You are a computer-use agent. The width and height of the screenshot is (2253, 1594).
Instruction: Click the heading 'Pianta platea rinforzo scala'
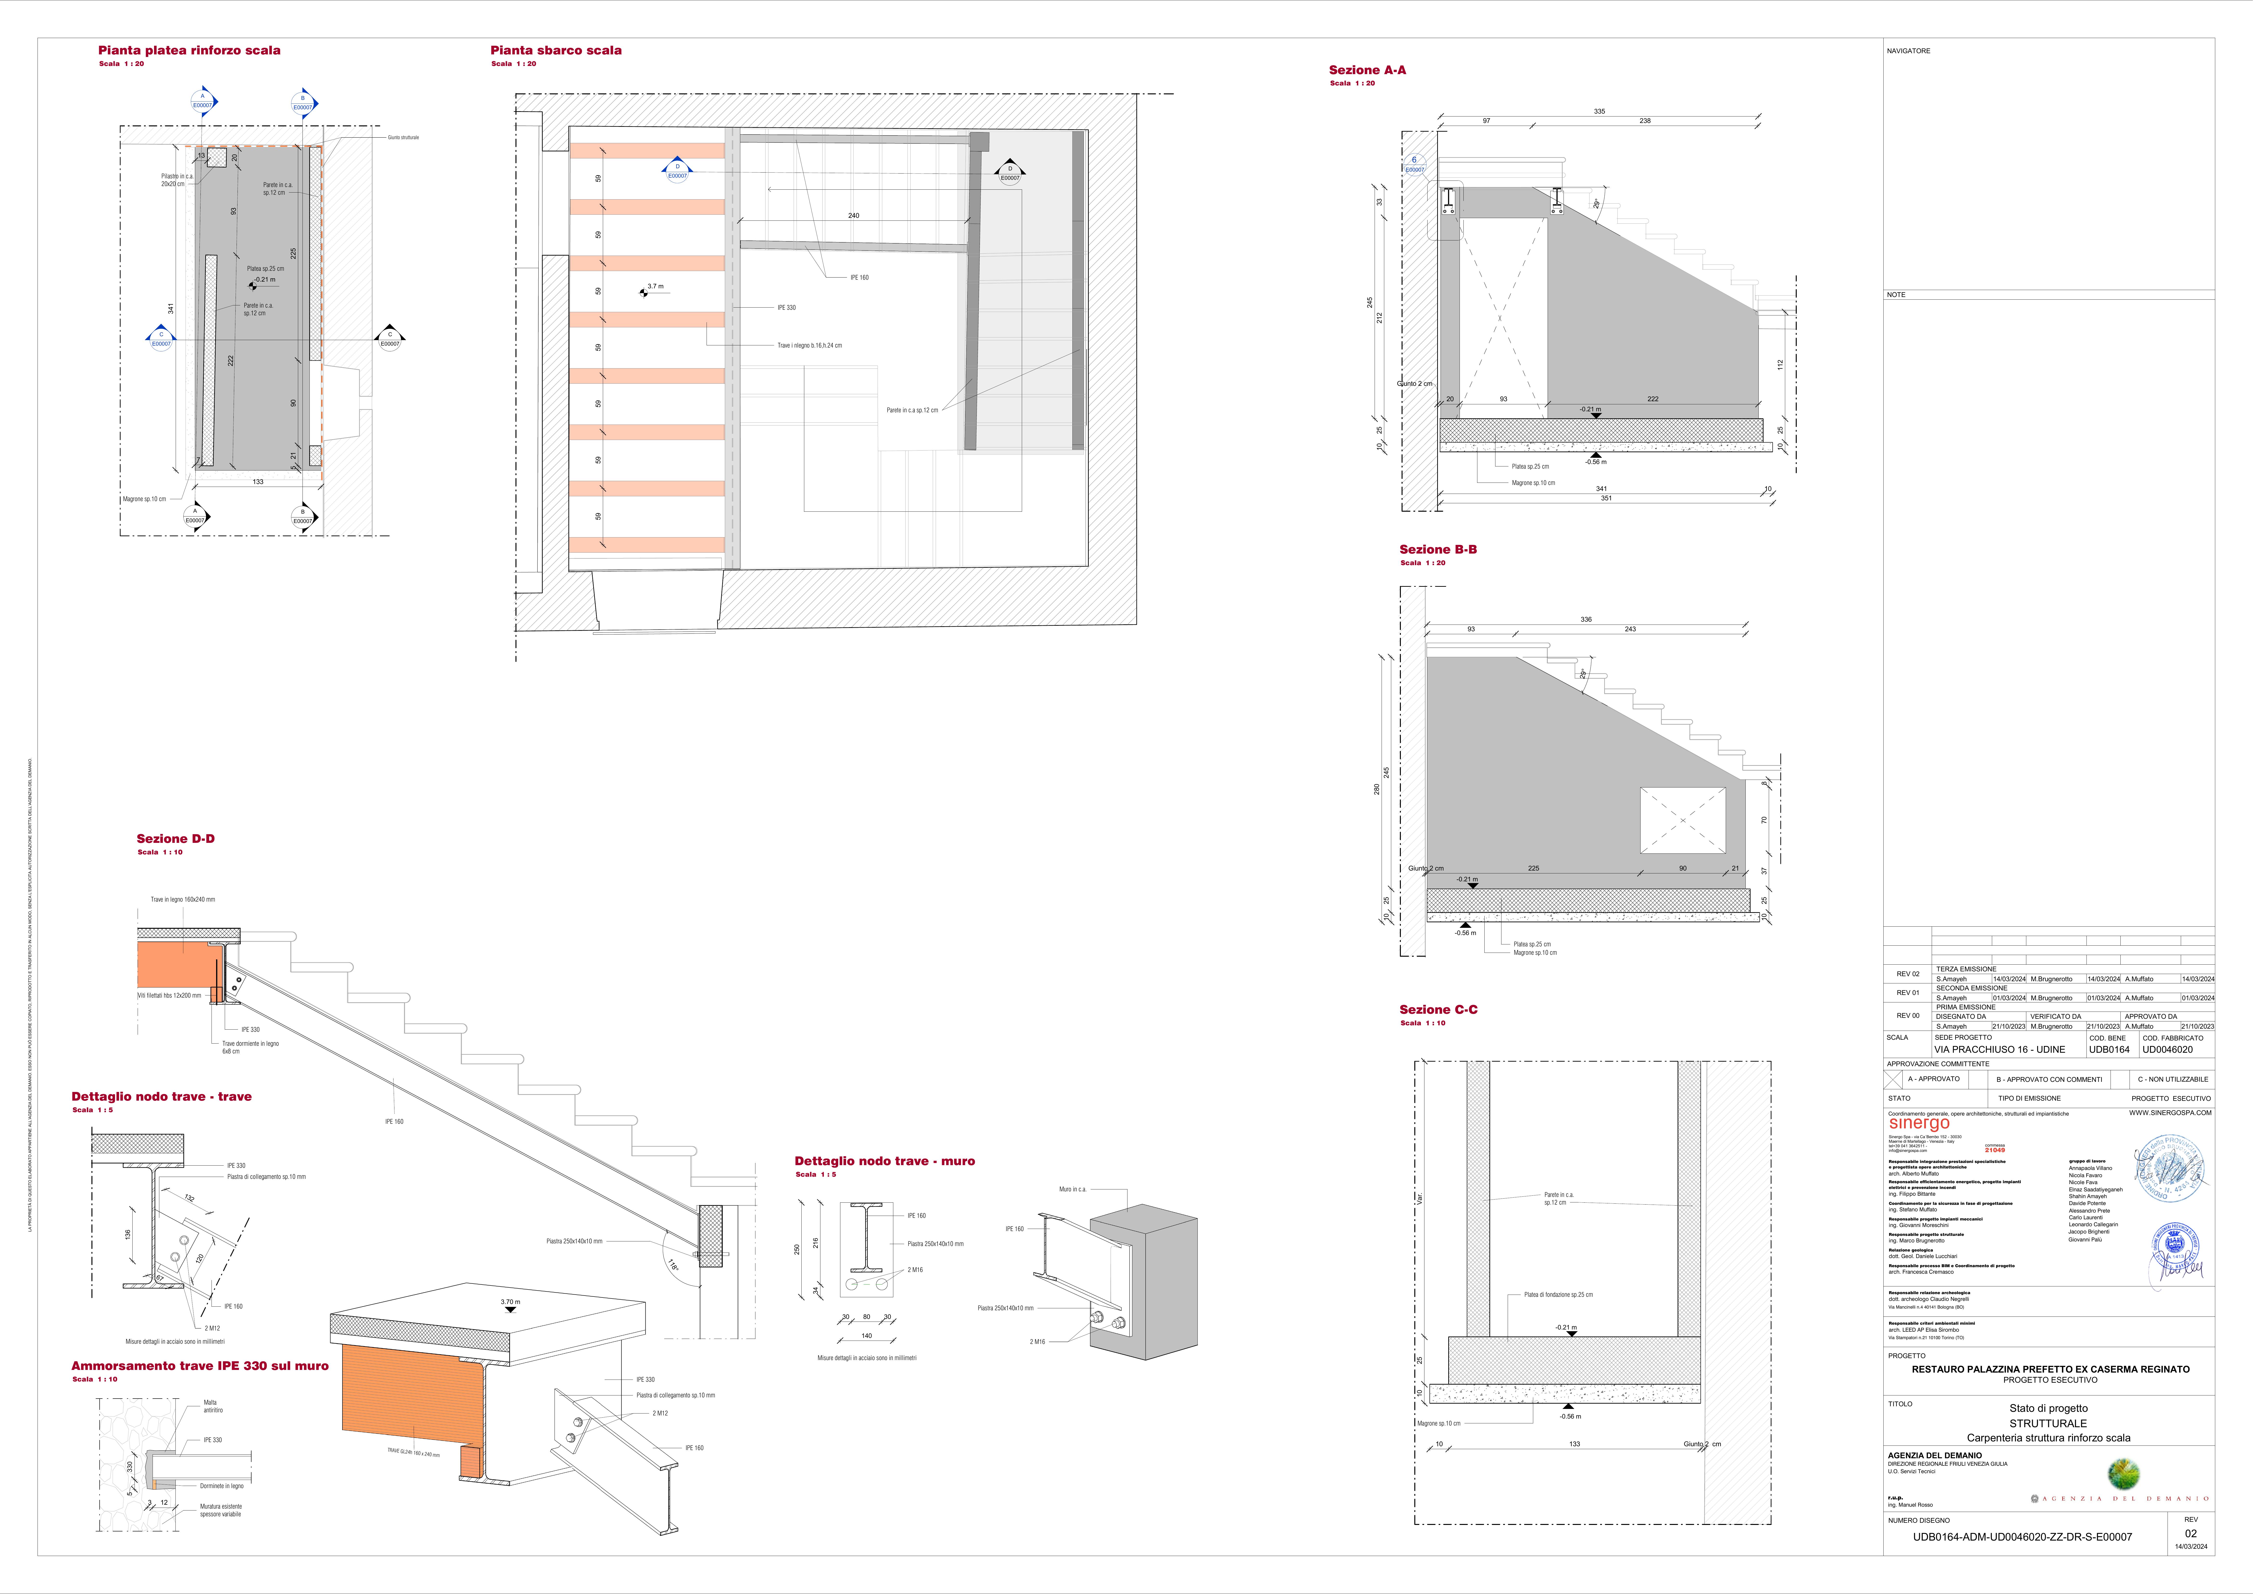pos(189,50)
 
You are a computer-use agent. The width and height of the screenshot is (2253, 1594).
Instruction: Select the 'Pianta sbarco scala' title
pos(555,50)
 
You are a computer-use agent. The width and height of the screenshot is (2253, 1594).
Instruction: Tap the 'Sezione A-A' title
pos(1367,70)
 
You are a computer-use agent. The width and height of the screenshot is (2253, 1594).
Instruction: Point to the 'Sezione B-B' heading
pos(1438,550)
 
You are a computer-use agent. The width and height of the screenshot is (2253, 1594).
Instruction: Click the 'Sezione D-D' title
pos(176,838)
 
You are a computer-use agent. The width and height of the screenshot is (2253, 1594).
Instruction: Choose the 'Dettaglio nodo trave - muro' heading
pos(884,1161)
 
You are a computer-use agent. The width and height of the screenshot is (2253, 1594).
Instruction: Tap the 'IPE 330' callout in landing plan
pos(786,307)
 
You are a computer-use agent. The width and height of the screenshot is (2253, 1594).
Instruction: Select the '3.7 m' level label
pos(655,287)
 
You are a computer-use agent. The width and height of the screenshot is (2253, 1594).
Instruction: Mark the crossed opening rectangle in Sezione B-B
pos(1682,820)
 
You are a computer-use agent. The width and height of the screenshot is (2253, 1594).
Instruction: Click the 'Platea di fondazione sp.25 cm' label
pos(1558,1295)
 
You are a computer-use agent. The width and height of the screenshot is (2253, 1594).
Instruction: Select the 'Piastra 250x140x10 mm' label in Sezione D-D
pos(574,1241)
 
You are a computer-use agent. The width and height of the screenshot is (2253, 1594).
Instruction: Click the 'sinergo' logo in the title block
pos(1918,1124)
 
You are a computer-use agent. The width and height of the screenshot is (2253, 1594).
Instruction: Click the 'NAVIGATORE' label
pos(1908,51)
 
